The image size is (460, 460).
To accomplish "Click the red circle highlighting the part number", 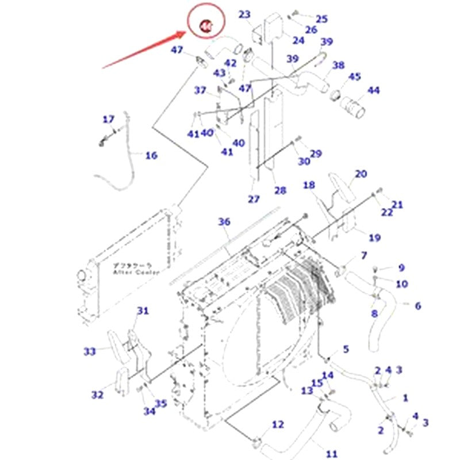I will click(205, 24).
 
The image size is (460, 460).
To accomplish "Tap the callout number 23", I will click(245, 14).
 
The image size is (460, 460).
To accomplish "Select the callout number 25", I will click(321, 19).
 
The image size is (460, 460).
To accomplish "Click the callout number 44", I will click(374, 90).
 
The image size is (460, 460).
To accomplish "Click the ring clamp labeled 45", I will click(335, 93).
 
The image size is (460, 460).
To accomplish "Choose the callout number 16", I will click(151, 155).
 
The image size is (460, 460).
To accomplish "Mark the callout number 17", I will click(109, 120).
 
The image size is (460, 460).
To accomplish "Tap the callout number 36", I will click(224, 222).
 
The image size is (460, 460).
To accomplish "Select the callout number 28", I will click(280, 191).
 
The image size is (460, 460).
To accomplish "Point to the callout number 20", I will click(361, 174).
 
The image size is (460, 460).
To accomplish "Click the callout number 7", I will click(363, 255).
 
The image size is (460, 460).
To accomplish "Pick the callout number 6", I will click(417, 306).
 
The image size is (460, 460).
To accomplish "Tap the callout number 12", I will click(278, 424).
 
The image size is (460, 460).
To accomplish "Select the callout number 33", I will click(90, 351).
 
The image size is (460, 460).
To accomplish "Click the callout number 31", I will click(143, 310).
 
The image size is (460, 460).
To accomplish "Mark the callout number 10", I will click(401, 283).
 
